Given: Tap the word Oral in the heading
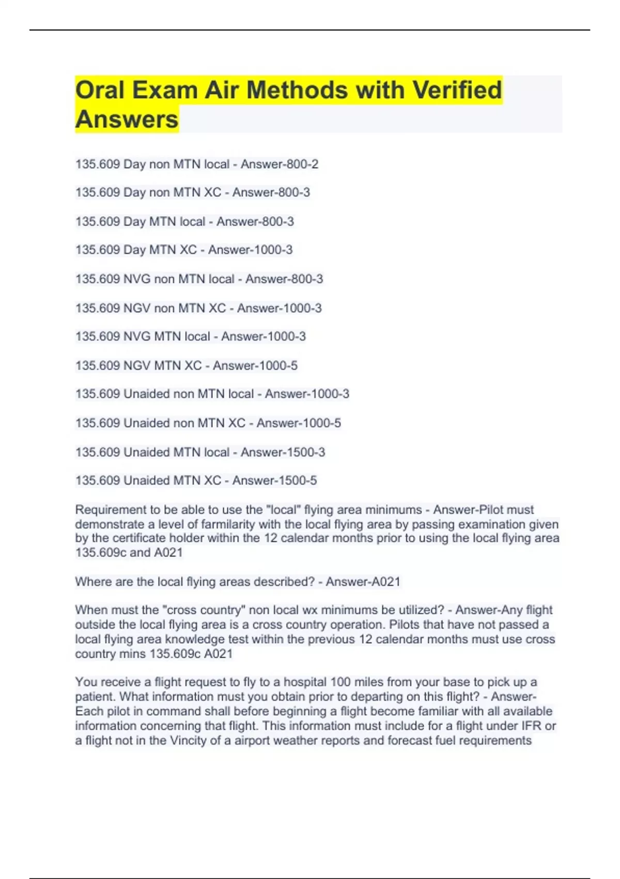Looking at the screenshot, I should tap(100, 90).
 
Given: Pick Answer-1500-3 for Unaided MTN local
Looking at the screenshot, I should tap(283, 452).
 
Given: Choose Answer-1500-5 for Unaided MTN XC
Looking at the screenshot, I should tap(274, 480).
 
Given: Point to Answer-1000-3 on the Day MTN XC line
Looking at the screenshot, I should tap(250, 250).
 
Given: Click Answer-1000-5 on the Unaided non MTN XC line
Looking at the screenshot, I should tap(299, 423).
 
